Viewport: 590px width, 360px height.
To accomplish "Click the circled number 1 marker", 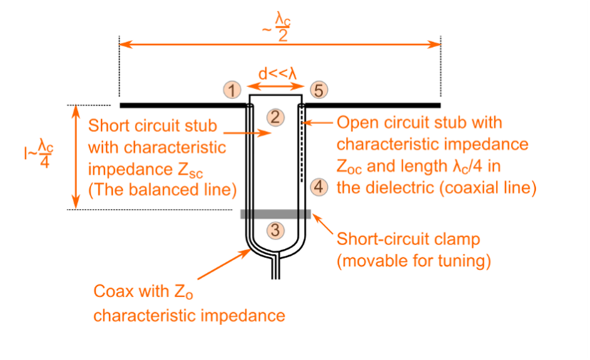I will click(x=230, y=89).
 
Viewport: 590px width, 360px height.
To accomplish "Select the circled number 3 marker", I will click(x=275, y=230).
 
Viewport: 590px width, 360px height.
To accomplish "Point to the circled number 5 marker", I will click(x=318, y=89).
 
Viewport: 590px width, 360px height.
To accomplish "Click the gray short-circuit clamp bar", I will click(x=275, y=213).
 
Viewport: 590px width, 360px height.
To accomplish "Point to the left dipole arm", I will click(x=178, y=105).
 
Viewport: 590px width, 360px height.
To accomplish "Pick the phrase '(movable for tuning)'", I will click(x=414, y=262).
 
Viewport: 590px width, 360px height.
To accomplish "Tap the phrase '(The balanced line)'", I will click(x=161, y=188).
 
